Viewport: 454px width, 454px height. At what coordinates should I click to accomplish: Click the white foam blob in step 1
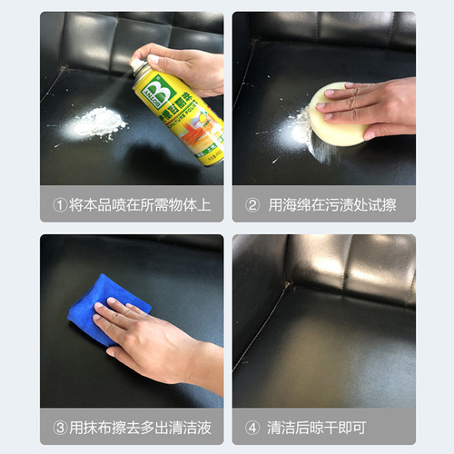pyautogui.click(x=99, y=123)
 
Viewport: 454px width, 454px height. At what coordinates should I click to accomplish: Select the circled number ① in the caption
pyautogui.click(x=61, y=205)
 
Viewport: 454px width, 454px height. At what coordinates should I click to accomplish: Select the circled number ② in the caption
pyautogui.click(x=253, y=205)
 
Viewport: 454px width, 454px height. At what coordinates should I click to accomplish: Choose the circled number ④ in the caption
pyautogui.click(x=252, y=427)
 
